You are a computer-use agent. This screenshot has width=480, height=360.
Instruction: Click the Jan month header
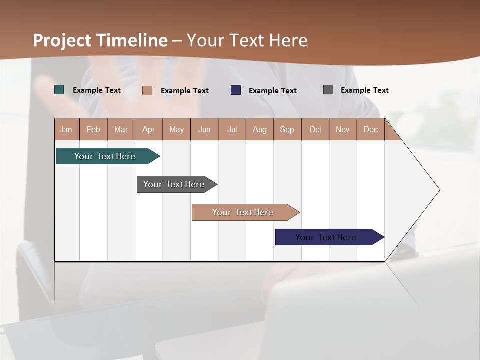pyautogui.click(x=66, y=129)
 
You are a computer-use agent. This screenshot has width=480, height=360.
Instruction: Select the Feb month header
pyautogui.click(x=93, y=129)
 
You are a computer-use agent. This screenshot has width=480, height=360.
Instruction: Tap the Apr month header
pyautogui.click(x=149, y=129)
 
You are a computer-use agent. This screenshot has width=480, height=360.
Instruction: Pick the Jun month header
pyautogui.click(x=204, y=129)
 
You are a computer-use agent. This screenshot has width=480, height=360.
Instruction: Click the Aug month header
pyautogui.click(x=260, y=129)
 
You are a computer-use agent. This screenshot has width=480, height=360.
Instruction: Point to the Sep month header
pyautogui.click(x=287, y=129)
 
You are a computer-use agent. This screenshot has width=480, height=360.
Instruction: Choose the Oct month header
pyautogui.click(x=315, y=129)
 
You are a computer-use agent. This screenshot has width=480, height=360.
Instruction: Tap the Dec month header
pyautogui.click(x=371, y=129)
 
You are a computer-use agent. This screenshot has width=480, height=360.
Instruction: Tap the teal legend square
pyautogui.click(x=59, y=90)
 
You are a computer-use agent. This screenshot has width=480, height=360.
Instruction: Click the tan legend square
pyautogui.click(x=147, y=90)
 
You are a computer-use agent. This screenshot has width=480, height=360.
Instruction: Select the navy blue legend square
pyautogui.click(x=236, y=90)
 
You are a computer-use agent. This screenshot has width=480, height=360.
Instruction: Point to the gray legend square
pyautogui.click(x=328, y=90)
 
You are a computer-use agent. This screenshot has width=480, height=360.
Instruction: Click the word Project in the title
pyautogui.click(x=62, y=40)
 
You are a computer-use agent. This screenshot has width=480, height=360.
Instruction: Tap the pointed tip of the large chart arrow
pyautogui.click(x=438, y=190)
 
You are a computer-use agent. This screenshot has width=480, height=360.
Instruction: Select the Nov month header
pyautogui.click(x=343, y=129)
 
